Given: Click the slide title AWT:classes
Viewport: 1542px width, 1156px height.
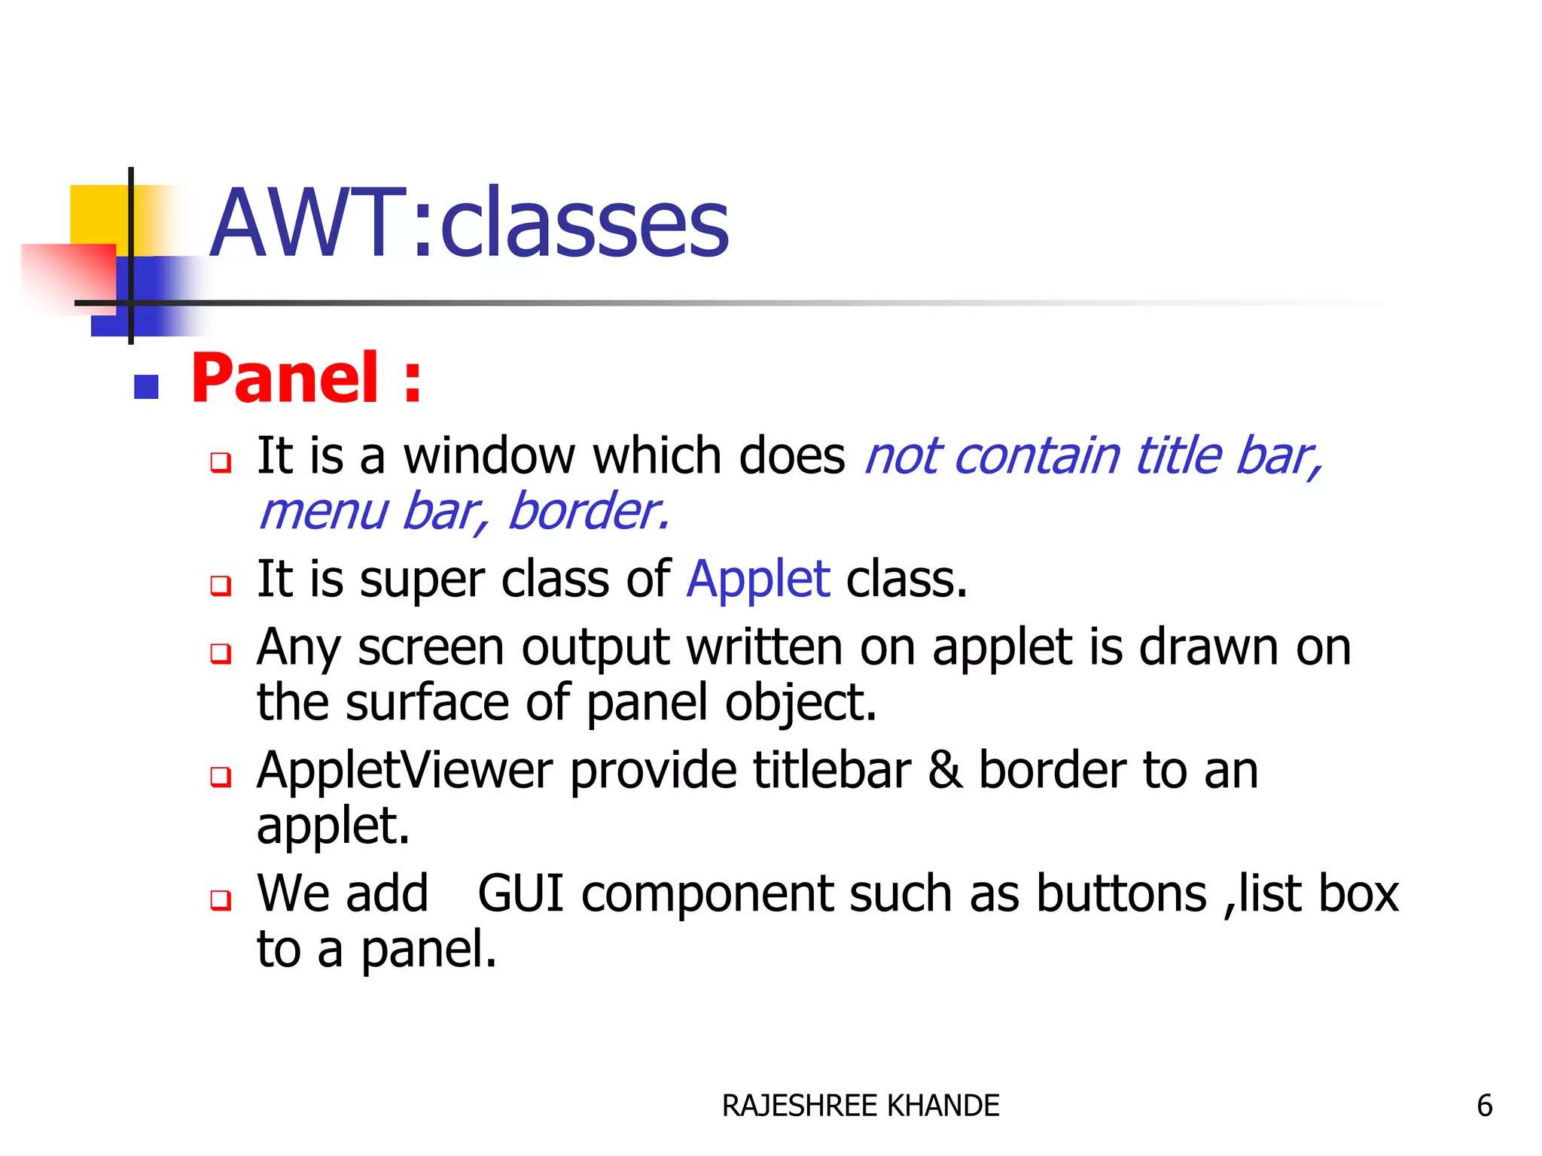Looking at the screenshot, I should pos(468,224).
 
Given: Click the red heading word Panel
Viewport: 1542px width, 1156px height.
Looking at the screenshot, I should pos(285,378).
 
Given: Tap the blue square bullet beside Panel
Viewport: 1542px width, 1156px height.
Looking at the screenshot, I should pos(146,387).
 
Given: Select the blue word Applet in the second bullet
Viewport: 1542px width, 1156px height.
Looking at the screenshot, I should pos(758,580).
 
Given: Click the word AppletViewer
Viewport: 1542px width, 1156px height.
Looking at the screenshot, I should pos(405,771).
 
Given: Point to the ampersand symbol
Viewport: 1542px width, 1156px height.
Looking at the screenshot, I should pos(945,771).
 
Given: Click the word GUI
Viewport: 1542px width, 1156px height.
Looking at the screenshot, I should pos(521,894).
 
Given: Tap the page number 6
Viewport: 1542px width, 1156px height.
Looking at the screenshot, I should pos(1484,1106).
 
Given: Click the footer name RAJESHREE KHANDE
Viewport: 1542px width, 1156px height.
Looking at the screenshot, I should pos(860,1106).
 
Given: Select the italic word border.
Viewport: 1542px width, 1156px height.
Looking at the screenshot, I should pos(588,512).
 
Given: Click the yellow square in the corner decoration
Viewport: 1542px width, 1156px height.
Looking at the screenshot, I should pos(98,214).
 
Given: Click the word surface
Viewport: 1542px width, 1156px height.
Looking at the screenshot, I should pos(428,703).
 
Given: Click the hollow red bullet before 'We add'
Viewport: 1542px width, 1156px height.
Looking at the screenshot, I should pos(221,899).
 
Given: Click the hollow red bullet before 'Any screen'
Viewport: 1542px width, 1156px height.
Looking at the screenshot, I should pos(221,653).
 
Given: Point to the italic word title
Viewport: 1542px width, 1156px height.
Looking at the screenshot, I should pos(1178,456).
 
